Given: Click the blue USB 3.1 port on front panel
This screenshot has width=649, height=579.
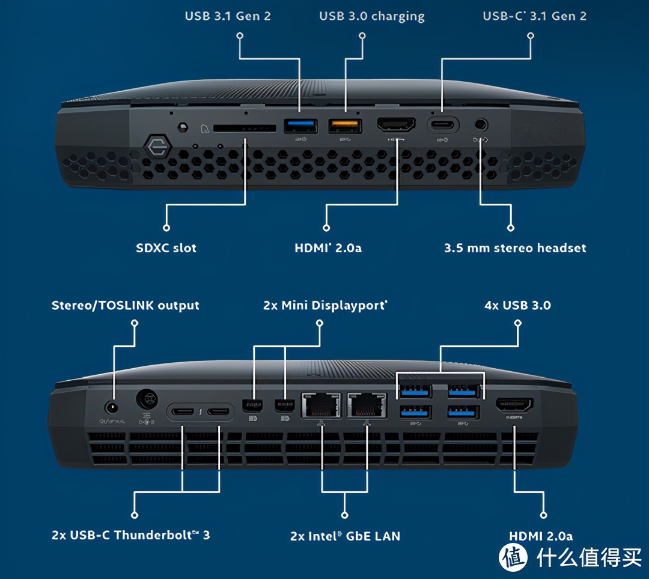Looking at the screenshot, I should coord(300,125).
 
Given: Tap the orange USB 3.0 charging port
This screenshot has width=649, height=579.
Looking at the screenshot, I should coord(345,125).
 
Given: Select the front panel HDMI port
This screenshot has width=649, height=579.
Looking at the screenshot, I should coord(396,125).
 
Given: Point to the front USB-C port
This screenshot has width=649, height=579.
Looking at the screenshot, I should coord(443,125).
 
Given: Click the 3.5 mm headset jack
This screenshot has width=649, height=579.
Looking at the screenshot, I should coord(480,125).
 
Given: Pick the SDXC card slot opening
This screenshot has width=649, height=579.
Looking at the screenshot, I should coord(244,128).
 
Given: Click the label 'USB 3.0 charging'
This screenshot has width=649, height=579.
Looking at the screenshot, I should coord(371,16).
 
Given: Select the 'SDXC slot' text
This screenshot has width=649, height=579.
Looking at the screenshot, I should coord(166,247).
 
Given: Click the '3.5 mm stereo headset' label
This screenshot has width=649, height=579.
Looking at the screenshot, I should coord(514,247).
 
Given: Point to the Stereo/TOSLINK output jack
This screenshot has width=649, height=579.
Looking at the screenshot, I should coord(111,407).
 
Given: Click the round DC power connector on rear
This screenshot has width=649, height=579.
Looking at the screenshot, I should coord(146,398).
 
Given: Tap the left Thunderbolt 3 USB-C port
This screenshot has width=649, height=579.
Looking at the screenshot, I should coord(183,412).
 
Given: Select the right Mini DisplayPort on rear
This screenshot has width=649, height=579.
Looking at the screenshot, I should coord(281,406).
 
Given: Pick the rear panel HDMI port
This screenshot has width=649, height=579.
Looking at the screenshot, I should coord(514,406).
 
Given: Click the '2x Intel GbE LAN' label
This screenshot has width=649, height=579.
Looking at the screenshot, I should coord(345,535).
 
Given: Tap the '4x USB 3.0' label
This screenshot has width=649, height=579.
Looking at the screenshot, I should coord(517,305).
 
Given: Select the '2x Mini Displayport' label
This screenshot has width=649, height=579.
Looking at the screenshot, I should coord(325,305).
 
